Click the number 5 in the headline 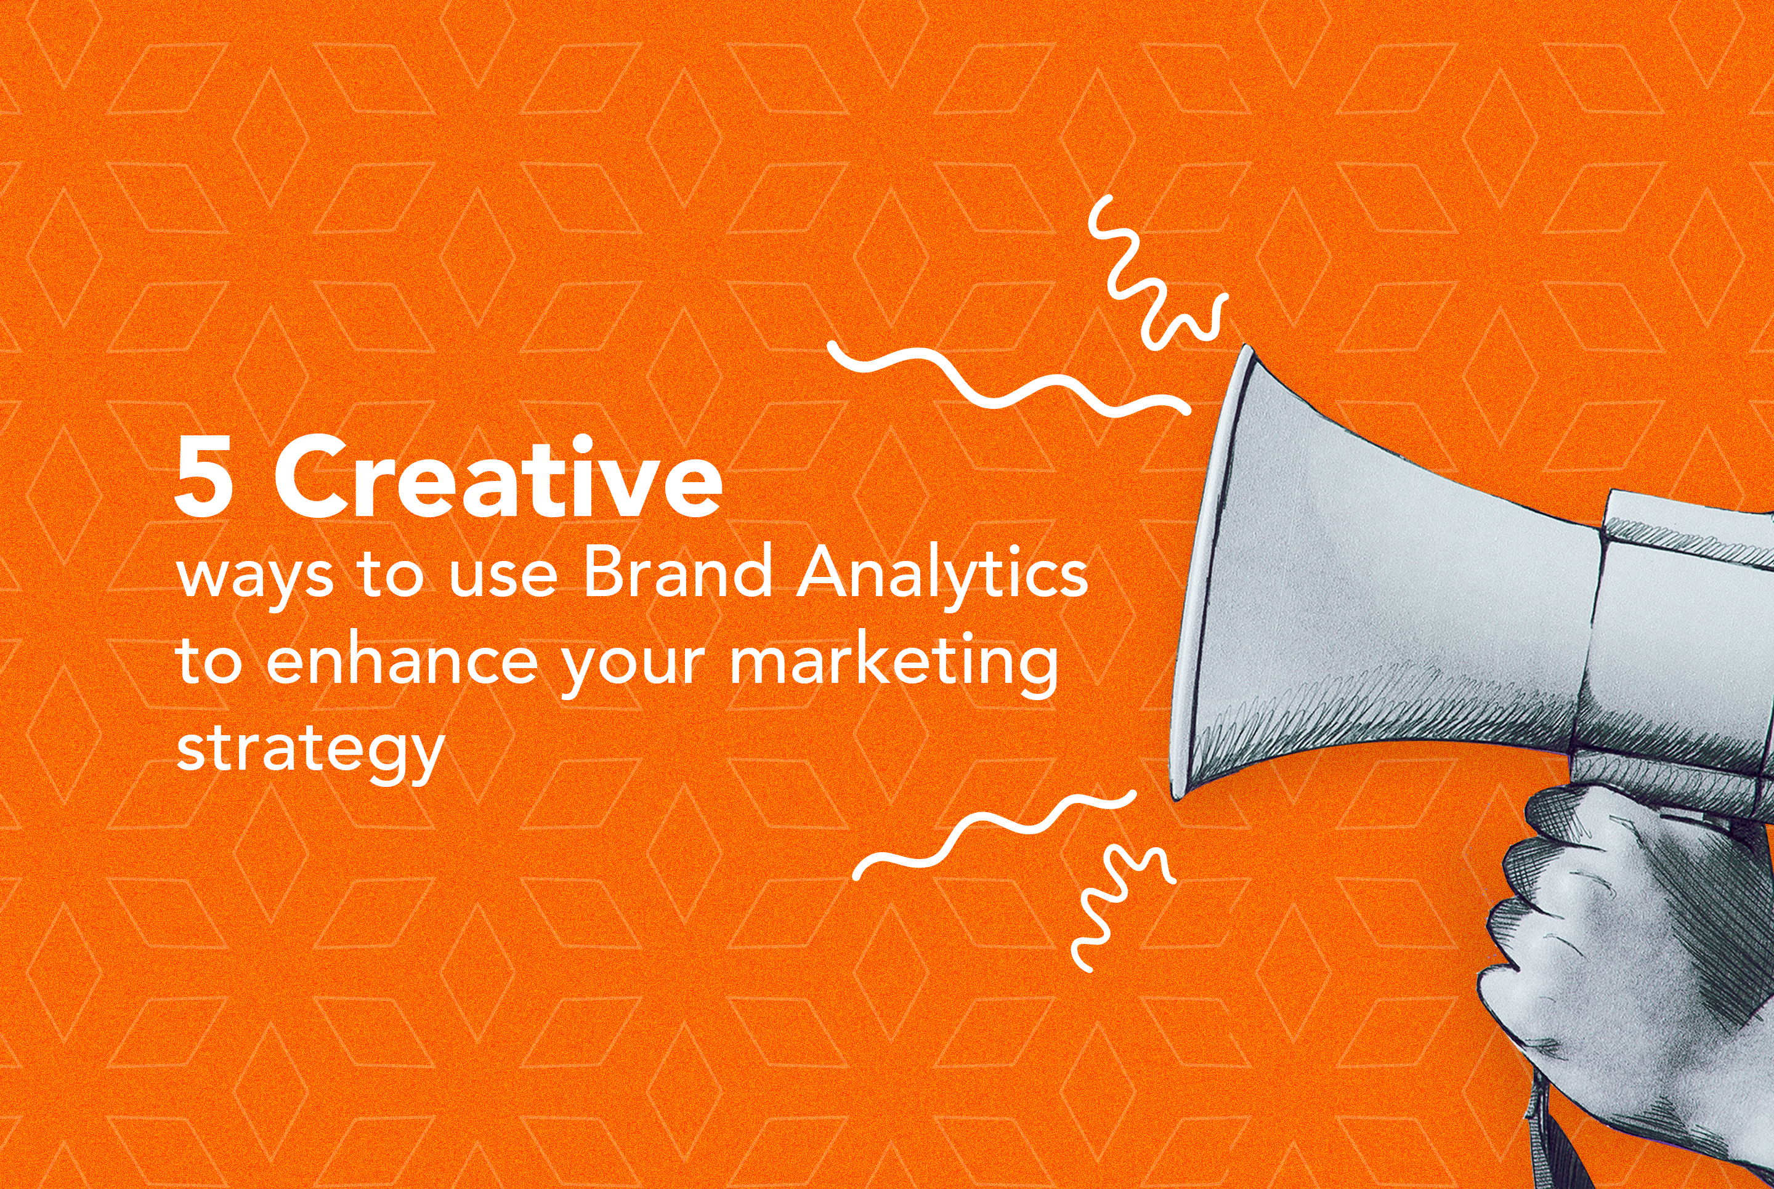(204, 477)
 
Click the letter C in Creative (310, 477)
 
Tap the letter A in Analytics (827, 570)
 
